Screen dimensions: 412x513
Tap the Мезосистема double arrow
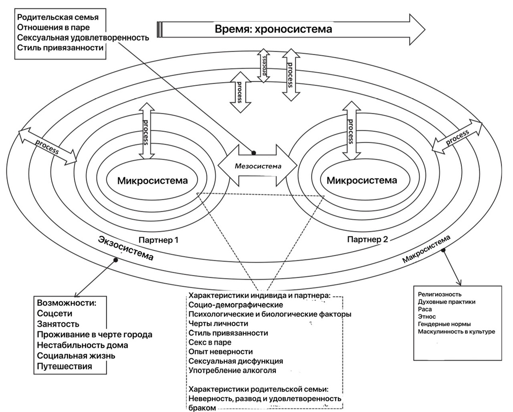point(257,165)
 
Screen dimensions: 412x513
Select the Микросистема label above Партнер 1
point(152,180)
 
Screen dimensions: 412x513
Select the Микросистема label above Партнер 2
point(362,180)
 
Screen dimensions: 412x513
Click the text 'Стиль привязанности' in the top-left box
point(60,47)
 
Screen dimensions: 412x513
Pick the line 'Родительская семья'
point(58,18)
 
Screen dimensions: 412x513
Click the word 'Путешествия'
point(64,366)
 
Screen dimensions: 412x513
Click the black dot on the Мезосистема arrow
point(254,152)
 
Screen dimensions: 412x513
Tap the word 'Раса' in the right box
point(425,309)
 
